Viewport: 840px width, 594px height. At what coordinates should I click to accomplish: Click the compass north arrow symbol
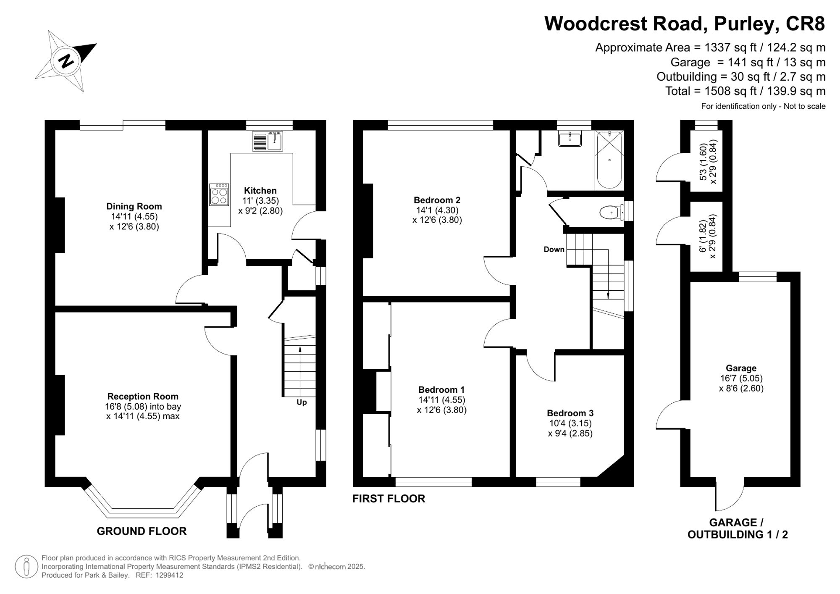click(66, 61)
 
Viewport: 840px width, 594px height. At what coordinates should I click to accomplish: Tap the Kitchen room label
click(260, 191)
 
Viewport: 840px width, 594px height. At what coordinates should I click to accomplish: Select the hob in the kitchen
click(219, 194)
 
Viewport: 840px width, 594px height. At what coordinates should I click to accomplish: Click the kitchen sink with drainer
click(268, 141)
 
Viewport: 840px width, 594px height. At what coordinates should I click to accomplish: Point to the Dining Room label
click(134, 206)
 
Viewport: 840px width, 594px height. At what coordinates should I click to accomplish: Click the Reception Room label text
click(143, 396)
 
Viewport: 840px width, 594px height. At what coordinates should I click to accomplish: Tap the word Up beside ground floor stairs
click(302, 402)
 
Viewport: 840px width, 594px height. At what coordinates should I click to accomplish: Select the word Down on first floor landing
click(554, 250)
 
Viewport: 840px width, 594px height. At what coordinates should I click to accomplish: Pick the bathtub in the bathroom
click(609, 160)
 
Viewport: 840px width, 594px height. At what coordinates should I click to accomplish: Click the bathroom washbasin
click(570, 139)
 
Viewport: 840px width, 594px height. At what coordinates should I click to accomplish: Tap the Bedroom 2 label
click(437, 200)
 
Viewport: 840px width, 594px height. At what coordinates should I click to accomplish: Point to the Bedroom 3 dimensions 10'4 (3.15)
click(570, 423)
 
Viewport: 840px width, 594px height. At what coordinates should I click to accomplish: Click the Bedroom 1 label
click(441, 389)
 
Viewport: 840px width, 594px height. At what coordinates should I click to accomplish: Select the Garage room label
click(741, 368)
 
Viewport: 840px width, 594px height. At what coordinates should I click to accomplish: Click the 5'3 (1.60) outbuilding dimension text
click(702, 162)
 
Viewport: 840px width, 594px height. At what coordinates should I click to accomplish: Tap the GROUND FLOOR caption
click(142, 531)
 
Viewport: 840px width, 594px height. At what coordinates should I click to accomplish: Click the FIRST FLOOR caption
click(388, 499)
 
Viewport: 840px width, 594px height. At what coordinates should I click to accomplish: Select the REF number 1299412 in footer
click(169, 576)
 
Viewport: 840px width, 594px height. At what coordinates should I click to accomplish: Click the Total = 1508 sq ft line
click(745, 91)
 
